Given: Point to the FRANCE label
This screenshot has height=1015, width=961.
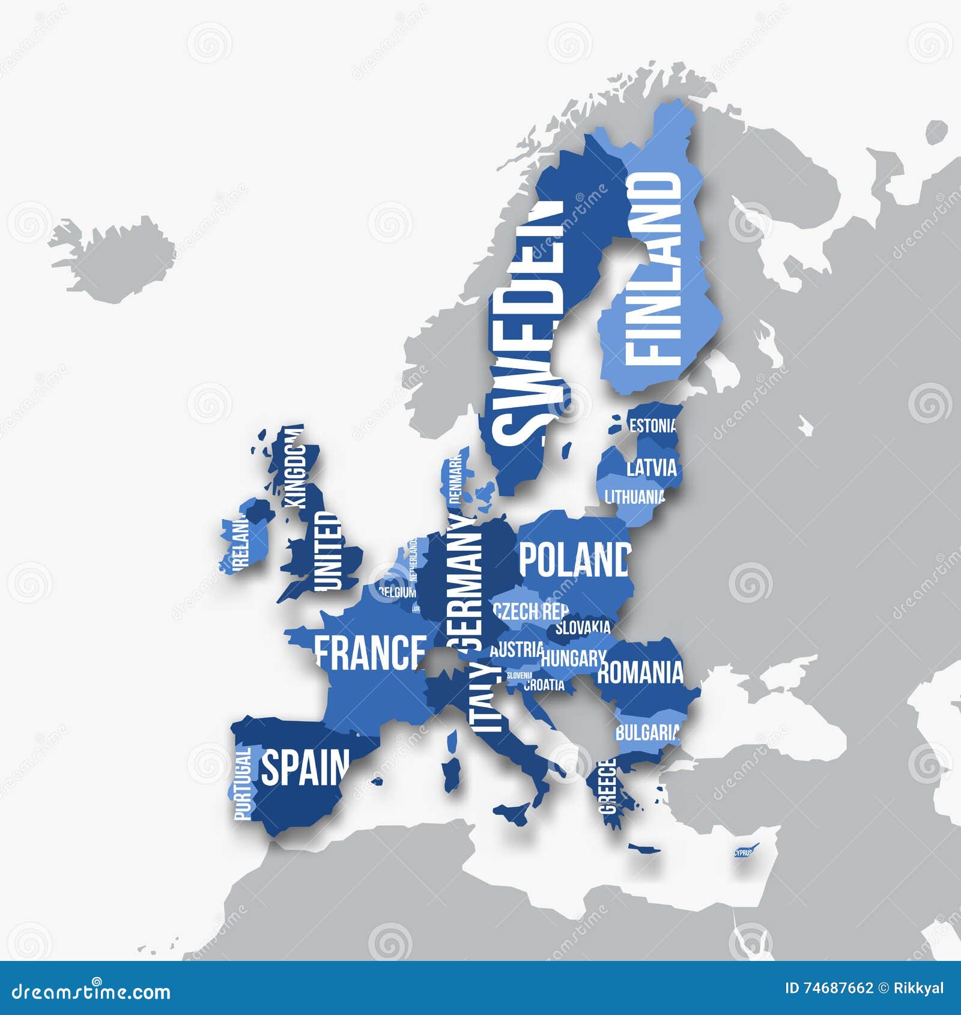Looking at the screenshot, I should [370, 653].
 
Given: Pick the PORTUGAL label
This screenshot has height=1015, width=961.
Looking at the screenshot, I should [243, 784].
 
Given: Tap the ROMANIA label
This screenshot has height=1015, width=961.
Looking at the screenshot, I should [640, 672].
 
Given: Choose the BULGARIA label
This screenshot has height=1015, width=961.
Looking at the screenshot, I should [647, 733].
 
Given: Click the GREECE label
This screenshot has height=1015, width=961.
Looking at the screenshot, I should [608, 786].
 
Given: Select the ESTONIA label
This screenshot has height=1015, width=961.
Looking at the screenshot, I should [653, 426].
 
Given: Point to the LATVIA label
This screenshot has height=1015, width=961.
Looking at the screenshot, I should [651, 468].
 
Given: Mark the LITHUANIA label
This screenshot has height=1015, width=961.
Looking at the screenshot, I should [635, 497].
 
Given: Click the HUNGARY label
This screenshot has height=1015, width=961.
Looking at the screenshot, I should [572, 658].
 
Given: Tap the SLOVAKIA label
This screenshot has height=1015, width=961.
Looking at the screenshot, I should [582, 628].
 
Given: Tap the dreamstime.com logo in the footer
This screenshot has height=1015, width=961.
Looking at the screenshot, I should [91, 991].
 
